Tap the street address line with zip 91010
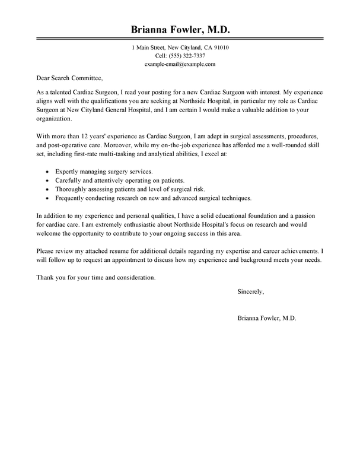click(x=180, y=47)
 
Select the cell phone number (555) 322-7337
click(x=180, y=55)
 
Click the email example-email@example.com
click(x=180, y=64)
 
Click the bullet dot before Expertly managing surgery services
click(x=47, y=172)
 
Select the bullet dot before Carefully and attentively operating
click(x=47, y=180)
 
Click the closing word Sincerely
click(x=250, y=292)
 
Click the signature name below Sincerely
click(x=266, y=318)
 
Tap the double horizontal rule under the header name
click(x=180, y=40)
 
